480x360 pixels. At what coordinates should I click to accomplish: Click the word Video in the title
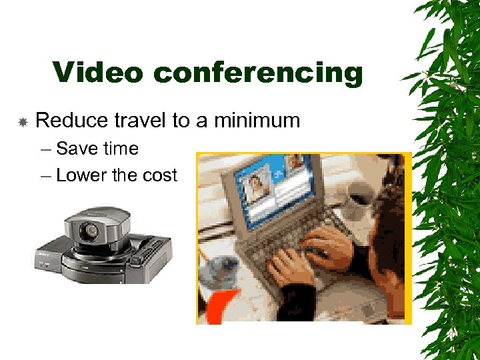[97, 73]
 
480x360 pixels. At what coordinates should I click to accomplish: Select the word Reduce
[71, 121]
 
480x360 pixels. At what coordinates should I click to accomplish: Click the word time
[120, 149]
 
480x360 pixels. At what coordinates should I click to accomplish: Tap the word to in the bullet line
[181, 121]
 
